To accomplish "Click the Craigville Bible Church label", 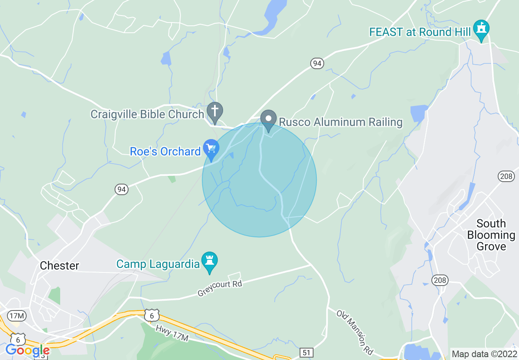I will pyautogui.click(x=147, y=114).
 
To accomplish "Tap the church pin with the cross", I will pyautogui.click(x=214, y=112).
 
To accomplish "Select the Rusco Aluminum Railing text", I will pyautogui.click(x=341, y=122).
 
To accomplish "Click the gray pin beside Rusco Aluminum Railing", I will pyautogui.click(x=269, y=120).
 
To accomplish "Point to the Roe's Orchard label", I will pyautogui.click(x=165, y=151).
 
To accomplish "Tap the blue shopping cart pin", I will pyautogui.click(x=211, y=149).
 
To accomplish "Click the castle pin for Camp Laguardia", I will pyautogui.click(x=210, y=261).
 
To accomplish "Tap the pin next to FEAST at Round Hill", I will pyautogui.click(x=482, y=29).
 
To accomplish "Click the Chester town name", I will pyautogui.click(x=59, y=265).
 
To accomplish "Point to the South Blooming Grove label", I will pyautogui.click(x=491, y=235).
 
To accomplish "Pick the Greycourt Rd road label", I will pyautogui.click(x=220, y=288).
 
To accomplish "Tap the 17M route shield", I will pyautogui.click(x=17, y=315).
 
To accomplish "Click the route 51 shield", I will pyautogui.click(x=307, y=352).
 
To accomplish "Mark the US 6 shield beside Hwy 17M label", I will pyautogui.click(x=152, y=315).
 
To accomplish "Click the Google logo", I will pyautogui.click(x=27, y=350).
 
